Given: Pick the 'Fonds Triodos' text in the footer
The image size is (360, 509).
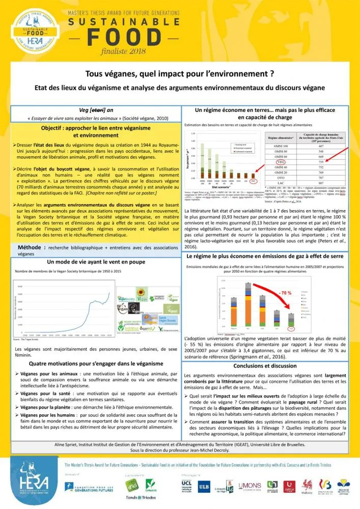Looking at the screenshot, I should pyautogui.click(x=140, y=498).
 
